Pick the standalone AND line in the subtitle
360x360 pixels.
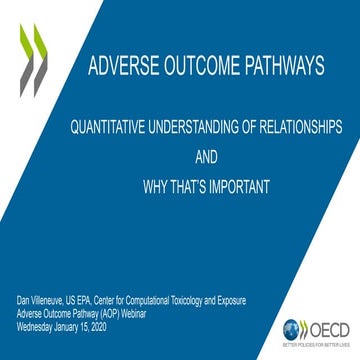(205, 158)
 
